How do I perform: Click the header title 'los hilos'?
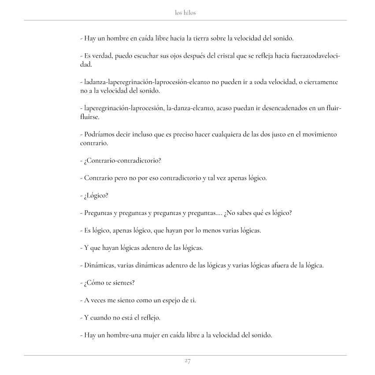185,13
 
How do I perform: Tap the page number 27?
187,361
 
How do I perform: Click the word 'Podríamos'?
98,134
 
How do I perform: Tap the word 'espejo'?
166,300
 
